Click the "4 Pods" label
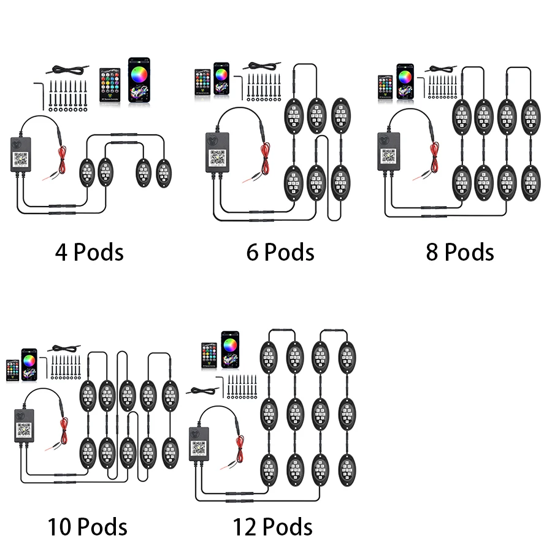90,252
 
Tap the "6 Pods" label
280,252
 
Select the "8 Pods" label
460,252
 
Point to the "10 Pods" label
88,527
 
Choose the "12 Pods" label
272,527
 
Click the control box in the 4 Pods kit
23,153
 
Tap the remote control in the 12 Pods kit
210,356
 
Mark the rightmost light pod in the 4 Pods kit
164,173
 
